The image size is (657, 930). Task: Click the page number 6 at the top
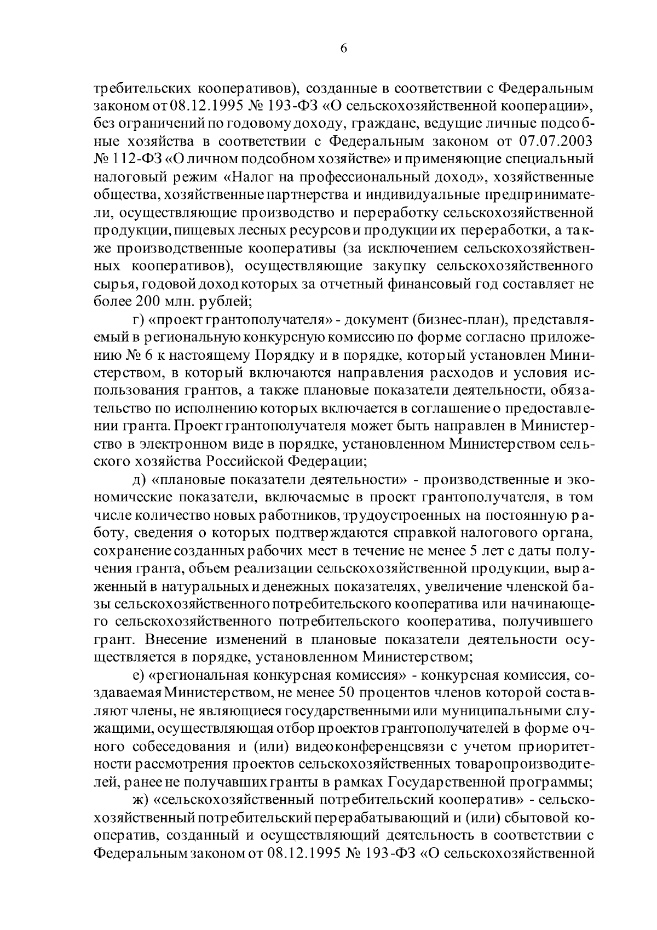tap(343, 48)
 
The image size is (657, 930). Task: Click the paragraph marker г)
tap(139, 319)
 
